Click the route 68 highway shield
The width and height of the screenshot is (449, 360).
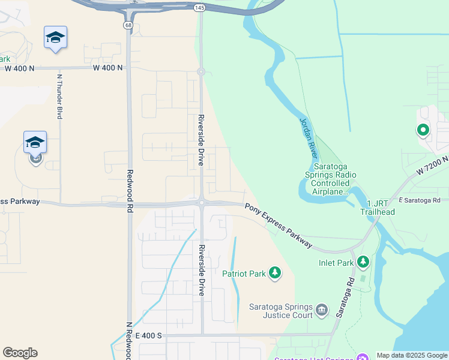click(128, 25)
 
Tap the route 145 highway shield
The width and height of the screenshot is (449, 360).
click(200, 7)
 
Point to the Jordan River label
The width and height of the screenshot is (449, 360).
click(308, 137)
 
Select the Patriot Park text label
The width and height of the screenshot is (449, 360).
click(244, 274)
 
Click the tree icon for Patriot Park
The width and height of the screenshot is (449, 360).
click(275, 273)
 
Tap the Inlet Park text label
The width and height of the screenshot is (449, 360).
click(336, 263)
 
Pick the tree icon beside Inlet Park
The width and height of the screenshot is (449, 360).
click(363, 262)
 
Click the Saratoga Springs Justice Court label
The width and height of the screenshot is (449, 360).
click(281, 310)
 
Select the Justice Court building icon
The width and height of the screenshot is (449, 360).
click(322, 310)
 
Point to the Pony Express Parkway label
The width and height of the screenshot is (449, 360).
click(279, 225)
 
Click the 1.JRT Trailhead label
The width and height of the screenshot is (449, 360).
click(378, 208)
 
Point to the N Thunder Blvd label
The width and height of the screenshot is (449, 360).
click(59, 96)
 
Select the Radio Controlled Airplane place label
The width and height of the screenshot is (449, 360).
click(331, 179)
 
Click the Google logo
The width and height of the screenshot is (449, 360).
click(20, 353)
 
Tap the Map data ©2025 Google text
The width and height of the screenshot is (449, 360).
click(412, 355)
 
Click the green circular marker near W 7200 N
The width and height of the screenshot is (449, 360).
click(423, 130)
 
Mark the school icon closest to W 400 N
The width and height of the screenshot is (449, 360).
click(55, 38)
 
